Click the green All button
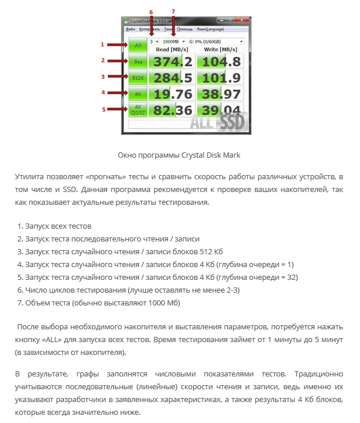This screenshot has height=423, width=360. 138,45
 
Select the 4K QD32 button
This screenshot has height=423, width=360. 138,109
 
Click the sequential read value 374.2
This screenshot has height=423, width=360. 171,61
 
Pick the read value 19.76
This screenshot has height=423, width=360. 171,94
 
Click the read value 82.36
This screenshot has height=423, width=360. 171,110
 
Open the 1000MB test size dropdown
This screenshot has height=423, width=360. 174,42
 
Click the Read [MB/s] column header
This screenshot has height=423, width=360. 171,49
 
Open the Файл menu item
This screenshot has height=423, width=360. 130,29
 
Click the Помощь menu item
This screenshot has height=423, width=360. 185,29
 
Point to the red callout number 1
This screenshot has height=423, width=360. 102,44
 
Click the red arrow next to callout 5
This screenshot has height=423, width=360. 116,109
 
